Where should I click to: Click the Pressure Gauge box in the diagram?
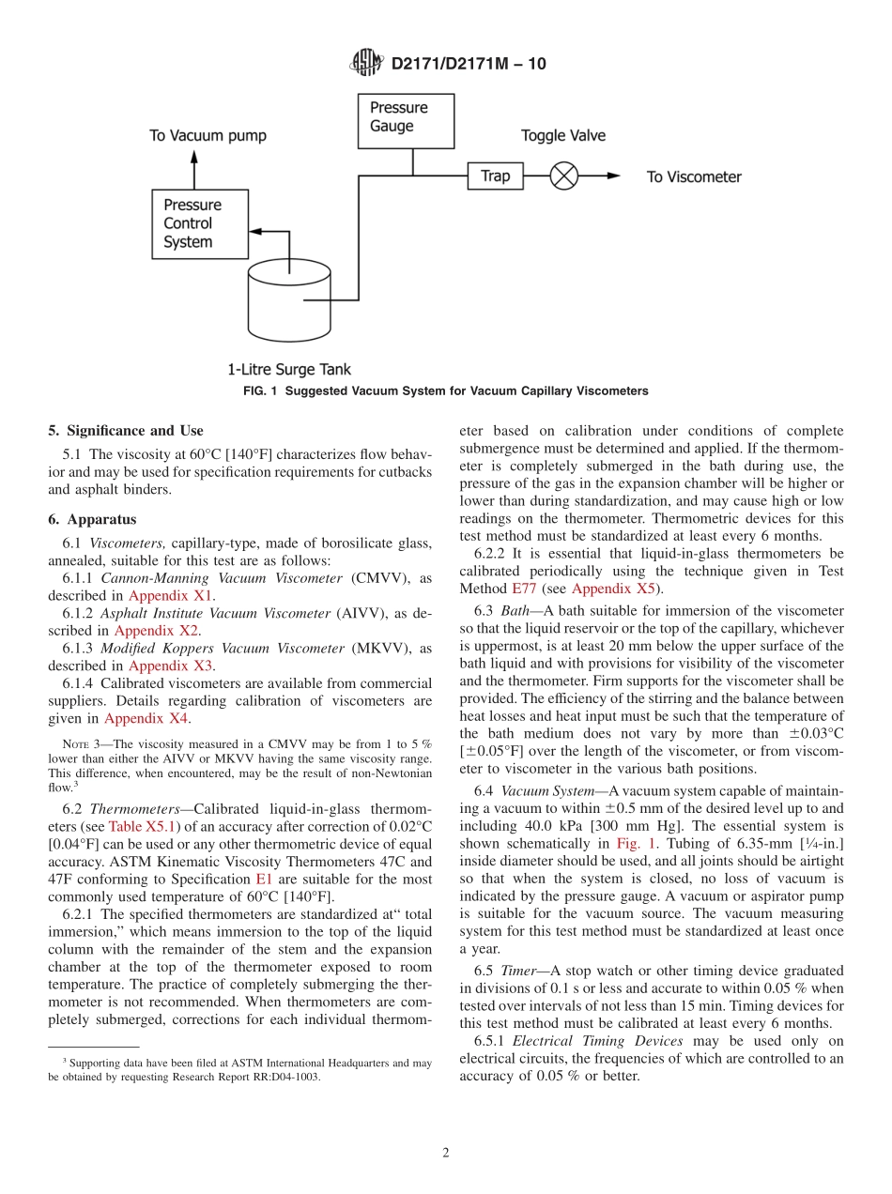coord(405,120)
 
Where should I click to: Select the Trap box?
coord(495,176)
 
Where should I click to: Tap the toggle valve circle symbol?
coord(563,176)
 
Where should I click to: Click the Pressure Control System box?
coord(200,223)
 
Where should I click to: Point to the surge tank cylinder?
coord(288,300)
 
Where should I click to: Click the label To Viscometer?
coord(693,176)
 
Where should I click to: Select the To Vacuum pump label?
coord(208,135)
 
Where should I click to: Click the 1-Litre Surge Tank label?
coord(288,370)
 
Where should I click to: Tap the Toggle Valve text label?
coord(562,135)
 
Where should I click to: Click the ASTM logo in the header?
coord(366,64)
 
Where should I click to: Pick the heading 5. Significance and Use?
coord(126,431)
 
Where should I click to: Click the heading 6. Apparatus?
coord(92,519)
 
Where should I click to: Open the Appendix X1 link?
coord(170,595)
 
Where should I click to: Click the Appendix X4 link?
coord(146,718)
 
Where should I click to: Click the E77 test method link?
coord(523,589)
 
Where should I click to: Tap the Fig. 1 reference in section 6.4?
coord(635,844)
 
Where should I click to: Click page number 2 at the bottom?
coord(446,1153)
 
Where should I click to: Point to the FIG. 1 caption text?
coord(445,390)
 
